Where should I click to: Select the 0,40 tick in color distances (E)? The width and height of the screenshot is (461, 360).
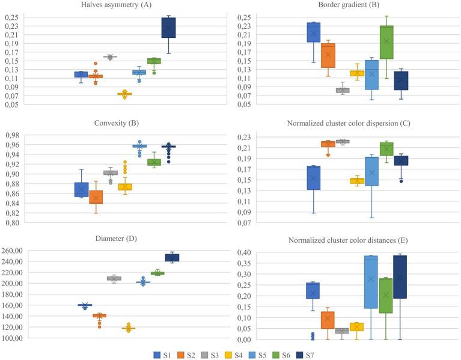(x=242, y=252)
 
